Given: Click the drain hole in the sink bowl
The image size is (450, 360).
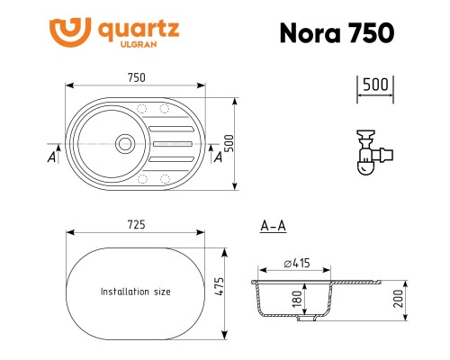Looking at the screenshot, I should (x=124, y=142).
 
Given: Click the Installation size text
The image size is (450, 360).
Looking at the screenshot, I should (x=135, y=292).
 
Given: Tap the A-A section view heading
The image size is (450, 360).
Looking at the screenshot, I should (x=272, y=226).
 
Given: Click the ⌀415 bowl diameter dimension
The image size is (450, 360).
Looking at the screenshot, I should (x=297, y=262).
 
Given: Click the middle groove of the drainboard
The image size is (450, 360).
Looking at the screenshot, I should (x=172, y=142).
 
